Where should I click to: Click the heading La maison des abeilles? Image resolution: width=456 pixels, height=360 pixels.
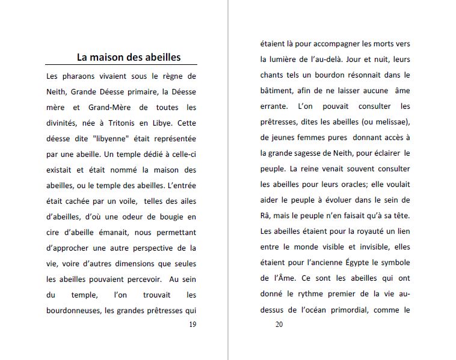pos(128,58)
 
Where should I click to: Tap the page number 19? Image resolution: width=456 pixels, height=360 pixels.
pos(192,325)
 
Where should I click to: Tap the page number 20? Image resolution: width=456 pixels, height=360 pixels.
pos(279,325)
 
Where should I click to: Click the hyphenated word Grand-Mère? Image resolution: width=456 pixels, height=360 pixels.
pos(102,108)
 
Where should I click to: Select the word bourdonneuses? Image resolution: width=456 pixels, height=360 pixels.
pos(73,310)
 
